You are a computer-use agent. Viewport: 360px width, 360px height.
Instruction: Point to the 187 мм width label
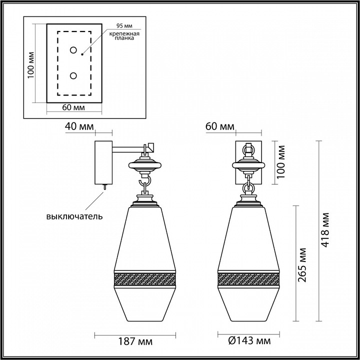[136, 341]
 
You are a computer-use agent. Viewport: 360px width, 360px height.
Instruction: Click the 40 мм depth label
[79, 127]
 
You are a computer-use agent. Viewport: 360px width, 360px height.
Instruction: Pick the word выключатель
[74, 216]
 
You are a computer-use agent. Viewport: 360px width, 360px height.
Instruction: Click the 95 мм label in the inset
[124, 24]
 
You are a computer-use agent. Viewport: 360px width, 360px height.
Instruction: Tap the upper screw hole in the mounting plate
[74, 50]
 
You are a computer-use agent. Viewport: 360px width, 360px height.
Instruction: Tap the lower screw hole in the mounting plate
[74, 75]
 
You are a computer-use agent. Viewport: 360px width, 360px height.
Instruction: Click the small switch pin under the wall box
[105, 186]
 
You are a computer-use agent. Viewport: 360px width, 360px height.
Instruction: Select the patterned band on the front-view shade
[248, 278]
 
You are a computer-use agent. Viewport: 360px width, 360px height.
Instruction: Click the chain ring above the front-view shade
[248, 187]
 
